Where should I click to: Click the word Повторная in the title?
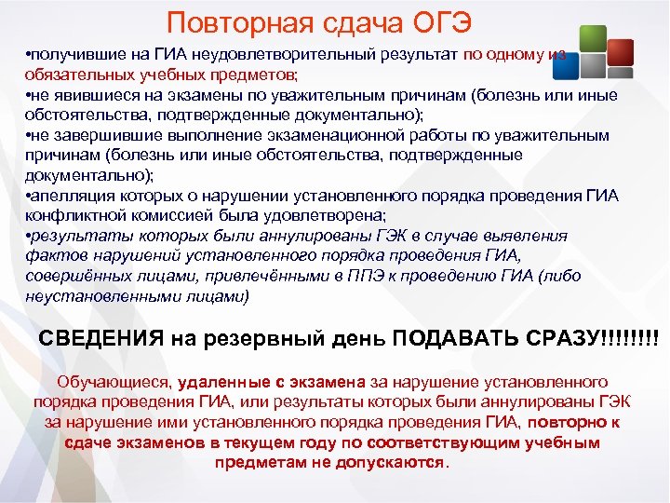[x=221, y=21]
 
